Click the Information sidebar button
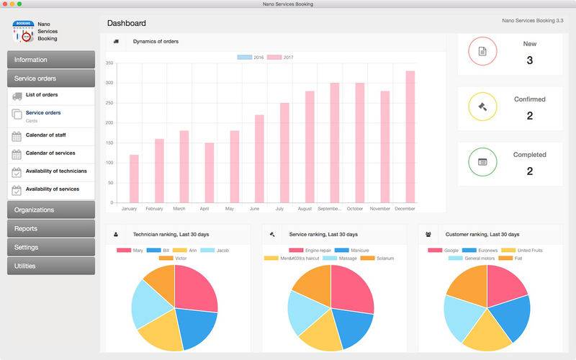[51, 60]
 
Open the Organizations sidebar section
[51, 210]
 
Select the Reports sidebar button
[51, 228]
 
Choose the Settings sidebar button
[51, 247]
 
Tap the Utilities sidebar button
[51, 266]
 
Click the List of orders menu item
[42, 95]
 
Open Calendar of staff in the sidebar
[50, 135]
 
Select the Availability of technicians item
[56, 171]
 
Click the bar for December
[410, 137]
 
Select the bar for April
[209, 173]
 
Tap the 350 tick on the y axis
[109, 63]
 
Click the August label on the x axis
[304, 209]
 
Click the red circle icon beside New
[482, 51]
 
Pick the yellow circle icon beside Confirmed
[482, 107]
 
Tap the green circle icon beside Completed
[482, 162]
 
